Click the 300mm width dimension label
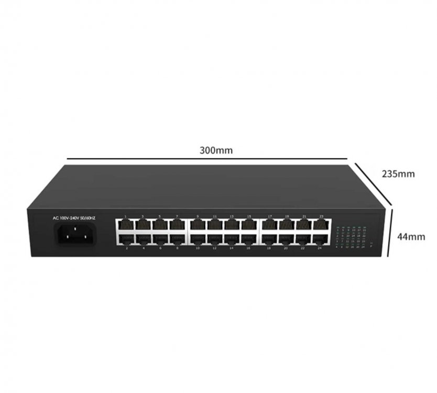[216, 150]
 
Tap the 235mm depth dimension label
[399, 173]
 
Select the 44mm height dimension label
[410, 236]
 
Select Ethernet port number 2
[126, 239]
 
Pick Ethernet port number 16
[249, 239]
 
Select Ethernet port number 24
[321, 239]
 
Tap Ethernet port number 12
[215, 239]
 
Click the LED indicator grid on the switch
[350, 237]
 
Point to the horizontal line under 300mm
[208, 158]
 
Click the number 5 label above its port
[160, 216]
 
